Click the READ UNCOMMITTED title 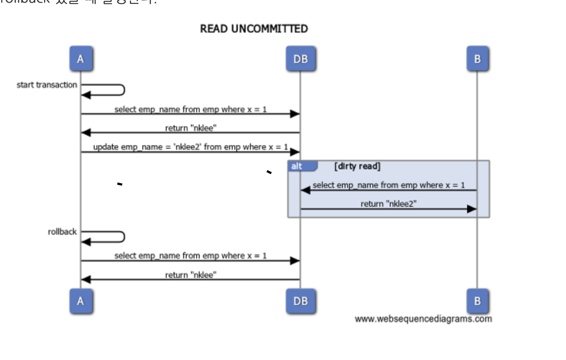click(254, 29)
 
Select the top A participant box click(81, 59)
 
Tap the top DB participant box click(300, 59)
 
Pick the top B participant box click(477, 59)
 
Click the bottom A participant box click(81, 301)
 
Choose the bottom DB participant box click(300, 301)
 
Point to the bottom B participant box click(477, 301)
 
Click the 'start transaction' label click(47, 85)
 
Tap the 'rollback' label click(62, 232)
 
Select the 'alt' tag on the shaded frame click(297, 166)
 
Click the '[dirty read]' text click(357, 166)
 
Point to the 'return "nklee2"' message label click(388, 203)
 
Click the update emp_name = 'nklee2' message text click(190, 147)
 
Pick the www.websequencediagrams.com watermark click(423, 319)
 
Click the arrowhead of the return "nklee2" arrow click(472, 209)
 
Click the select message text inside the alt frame click(388, 185)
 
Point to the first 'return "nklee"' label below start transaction click(191, 128)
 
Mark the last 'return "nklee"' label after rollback click(191, 275)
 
